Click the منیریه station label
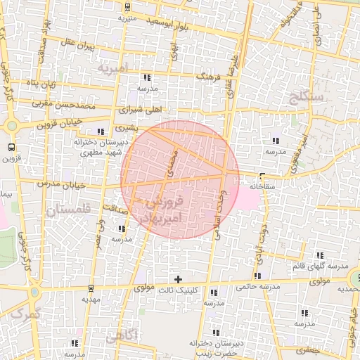[x=127, y=17]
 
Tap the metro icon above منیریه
[x=127, y=7]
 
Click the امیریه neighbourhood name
[x=113, y=69]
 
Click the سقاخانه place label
[x=261, y=186]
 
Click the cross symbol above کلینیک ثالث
[x=178, y=279]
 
